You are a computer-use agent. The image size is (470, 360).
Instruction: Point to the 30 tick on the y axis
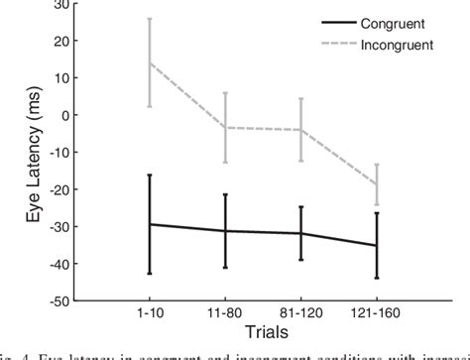[62, 5]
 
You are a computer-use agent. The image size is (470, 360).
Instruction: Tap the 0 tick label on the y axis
[66, 115]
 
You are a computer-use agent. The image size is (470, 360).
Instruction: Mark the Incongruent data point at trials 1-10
[150, 62]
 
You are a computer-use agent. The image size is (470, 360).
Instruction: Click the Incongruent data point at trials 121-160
[376, 184]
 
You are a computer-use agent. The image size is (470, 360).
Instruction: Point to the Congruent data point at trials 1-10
[150, 224]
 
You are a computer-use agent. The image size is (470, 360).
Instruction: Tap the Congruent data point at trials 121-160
[376, 245]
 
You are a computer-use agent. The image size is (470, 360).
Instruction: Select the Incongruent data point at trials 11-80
[225, 127]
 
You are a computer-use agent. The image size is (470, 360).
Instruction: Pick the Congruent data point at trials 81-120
[300, 233]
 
